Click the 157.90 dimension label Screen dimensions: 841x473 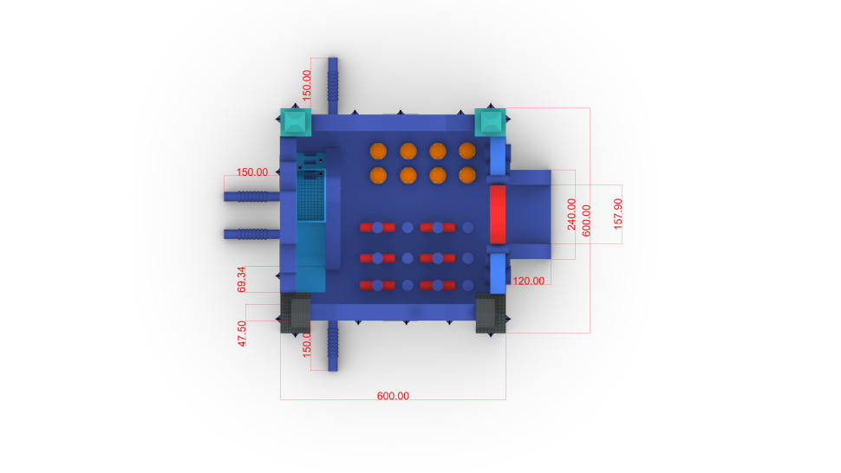[x=618, y=214]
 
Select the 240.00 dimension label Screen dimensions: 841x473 [x=571, y=214]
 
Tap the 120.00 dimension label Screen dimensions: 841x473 [x=528, y=282]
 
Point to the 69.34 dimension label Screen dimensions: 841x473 [x=241, y=280]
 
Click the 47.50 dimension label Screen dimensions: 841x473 [x=242, y=334]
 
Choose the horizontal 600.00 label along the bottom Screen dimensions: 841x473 [x=393, y=396]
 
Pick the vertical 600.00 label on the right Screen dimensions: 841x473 [x=586, y=220]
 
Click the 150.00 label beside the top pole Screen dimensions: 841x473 [x=307, y=85]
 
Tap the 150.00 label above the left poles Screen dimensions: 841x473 [x=252, y=172]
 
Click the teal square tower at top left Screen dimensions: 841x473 [x=296, y=122]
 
